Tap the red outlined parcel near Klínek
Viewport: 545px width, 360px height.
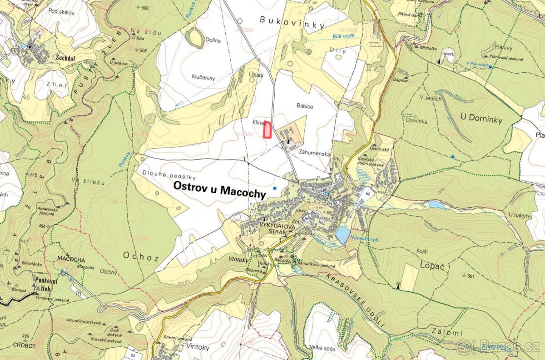point(268,130)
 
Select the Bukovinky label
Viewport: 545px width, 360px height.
point(282,20)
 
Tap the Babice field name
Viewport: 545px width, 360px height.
point(305,106)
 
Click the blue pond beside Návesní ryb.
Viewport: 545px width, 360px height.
point(342,235)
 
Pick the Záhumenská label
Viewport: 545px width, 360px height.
point(314,154)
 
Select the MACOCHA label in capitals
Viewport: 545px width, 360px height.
point(72,259)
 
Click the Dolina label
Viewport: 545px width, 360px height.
point(212,40)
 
